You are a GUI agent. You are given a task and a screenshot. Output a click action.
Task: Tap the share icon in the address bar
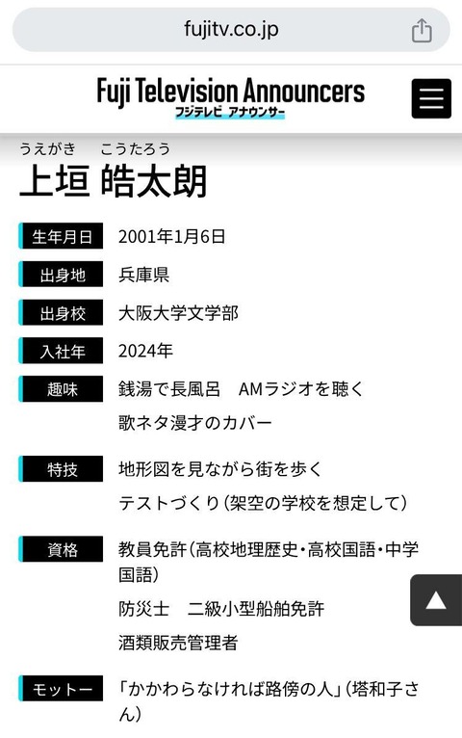[x=422, y=30]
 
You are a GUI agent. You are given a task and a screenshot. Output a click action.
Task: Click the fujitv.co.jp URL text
[x=231, y=29]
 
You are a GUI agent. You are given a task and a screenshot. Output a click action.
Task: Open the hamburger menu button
[x=431, y=98]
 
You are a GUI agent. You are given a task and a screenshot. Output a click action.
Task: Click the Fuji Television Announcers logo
[x=231, y=97]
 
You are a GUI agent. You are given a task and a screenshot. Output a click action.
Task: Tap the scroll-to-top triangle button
[x=436, y=600]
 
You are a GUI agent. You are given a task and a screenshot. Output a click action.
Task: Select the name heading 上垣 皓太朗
[x=114, y=181]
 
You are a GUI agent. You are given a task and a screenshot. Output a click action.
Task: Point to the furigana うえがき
[x=47, y=148]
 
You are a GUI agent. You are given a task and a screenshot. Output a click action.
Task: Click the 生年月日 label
[x=61, y=236]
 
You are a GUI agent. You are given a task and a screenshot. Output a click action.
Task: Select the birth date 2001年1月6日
[x=171, y=236]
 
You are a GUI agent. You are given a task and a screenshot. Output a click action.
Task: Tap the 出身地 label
[x=61, y=274]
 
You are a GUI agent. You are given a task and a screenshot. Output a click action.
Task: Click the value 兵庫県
[x=143, y=275]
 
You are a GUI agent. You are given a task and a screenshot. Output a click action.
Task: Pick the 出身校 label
[x=61, y=312]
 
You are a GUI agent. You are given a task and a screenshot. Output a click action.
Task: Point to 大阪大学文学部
[x=179, y=313]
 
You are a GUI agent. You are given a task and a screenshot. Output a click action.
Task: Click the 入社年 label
[x=61, y=351]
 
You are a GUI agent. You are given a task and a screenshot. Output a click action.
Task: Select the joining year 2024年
[x=145, y=351]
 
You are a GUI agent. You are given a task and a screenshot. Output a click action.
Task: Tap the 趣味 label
[x=61, y=389]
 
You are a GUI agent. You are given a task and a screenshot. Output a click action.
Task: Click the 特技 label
[x=61, y=469]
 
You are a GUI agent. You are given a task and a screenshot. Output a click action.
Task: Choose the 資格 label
[x=61, y=549]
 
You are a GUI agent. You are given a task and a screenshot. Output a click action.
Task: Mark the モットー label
[x=61, y=689]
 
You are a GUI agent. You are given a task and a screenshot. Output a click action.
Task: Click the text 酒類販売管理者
[x=178, y=643]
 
